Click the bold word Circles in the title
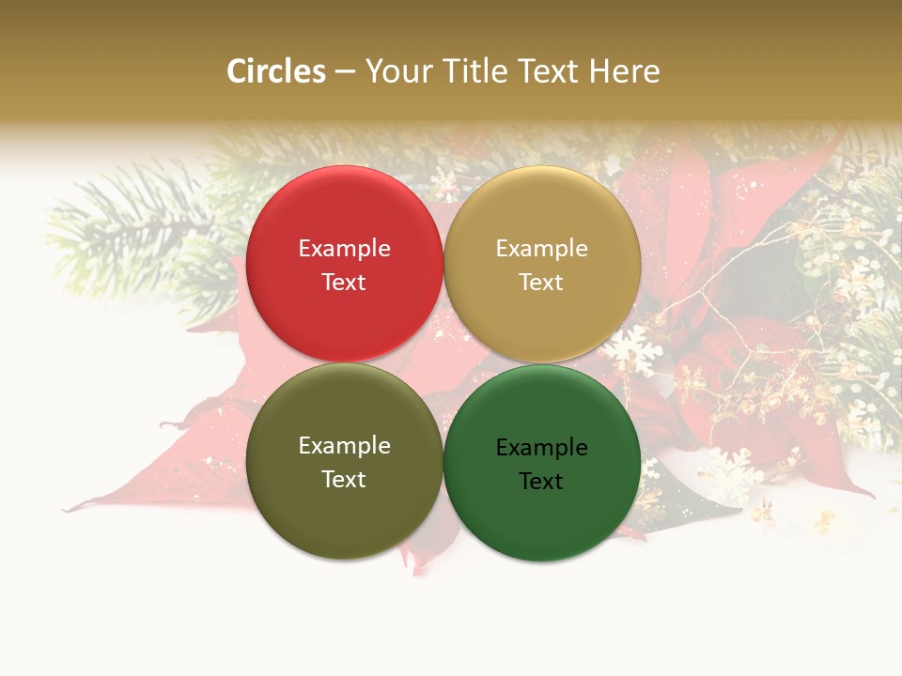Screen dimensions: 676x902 [x=275, y=71]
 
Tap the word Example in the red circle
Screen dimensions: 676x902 [x=344, y=249]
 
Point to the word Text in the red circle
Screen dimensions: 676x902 [x=344, y=283]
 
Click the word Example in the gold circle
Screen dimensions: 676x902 [x=541, y=249]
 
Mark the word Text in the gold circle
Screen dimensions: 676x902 [x=541, y=283]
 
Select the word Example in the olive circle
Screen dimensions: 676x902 [x=344, y=446]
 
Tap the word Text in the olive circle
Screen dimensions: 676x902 [x=344, y=480]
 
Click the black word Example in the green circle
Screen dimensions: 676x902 [x=541, y=448]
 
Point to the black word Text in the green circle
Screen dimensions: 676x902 [x=541, y=482]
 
